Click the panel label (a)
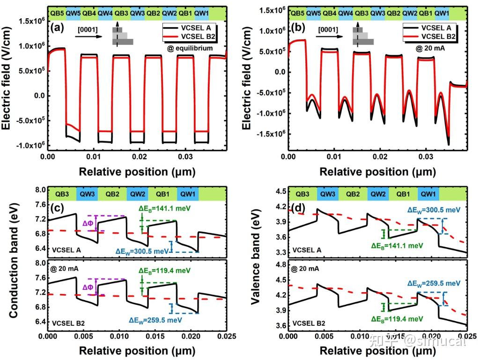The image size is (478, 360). click(x=58, y=27)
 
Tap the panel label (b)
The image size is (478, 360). click(x=299, y=27)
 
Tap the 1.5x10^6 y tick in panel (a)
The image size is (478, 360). click(x=31, y=21)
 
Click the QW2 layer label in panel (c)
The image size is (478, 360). click(x=138, y=193)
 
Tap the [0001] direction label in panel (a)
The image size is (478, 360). click(x=88, y=30)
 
